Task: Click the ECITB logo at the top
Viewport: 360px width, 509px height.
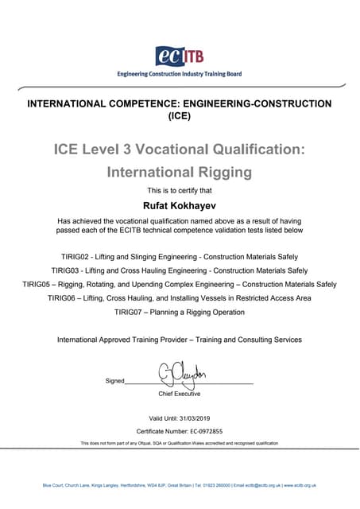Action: [x=179, y=56]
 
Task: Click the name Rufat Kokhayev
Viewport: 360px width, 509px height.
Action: [x=180, y=205]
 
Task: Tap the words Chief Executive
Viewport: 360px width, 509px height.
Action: [x=180, y=394]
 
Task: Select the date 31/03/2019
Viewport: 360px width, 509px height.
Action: [x=197, y=418]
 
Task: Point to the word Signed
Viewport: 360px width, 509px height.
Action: [x=114, y=381]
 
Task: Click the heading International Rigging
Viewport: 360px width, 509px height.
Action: [x=179, y=171]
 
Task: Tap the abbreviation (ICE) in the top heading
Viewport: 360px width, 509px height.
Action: [x=180, y=115]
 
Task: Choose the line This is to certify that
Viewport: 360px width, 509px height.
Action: [x=180, y=190]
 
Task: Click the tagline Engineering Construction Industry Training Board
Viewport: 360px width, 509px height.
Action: [x=179, y=74]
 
